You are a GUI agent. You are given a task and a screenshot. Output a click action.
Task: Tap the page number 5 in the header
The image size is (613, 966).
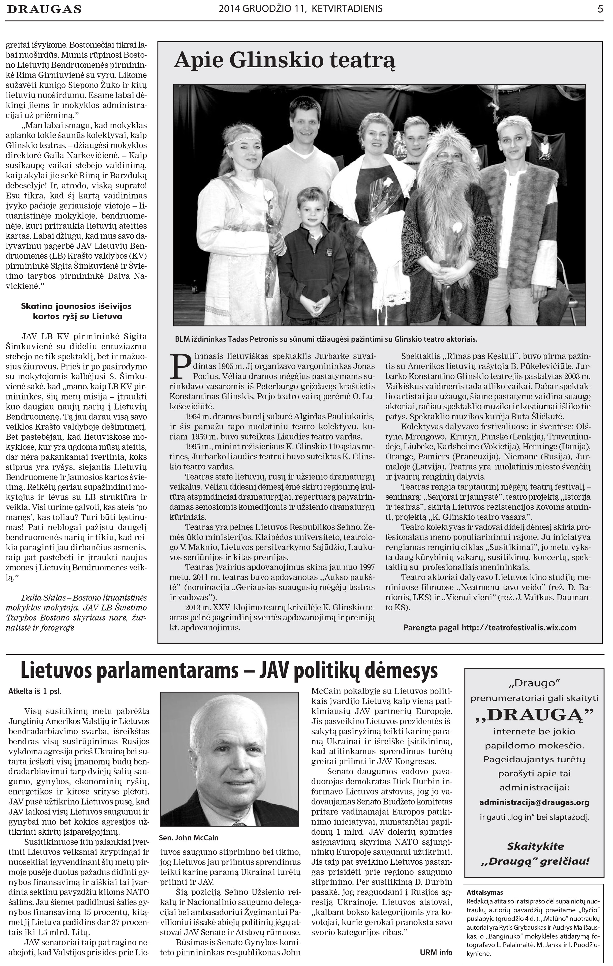pyautogui.click(x=600, y=9)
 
